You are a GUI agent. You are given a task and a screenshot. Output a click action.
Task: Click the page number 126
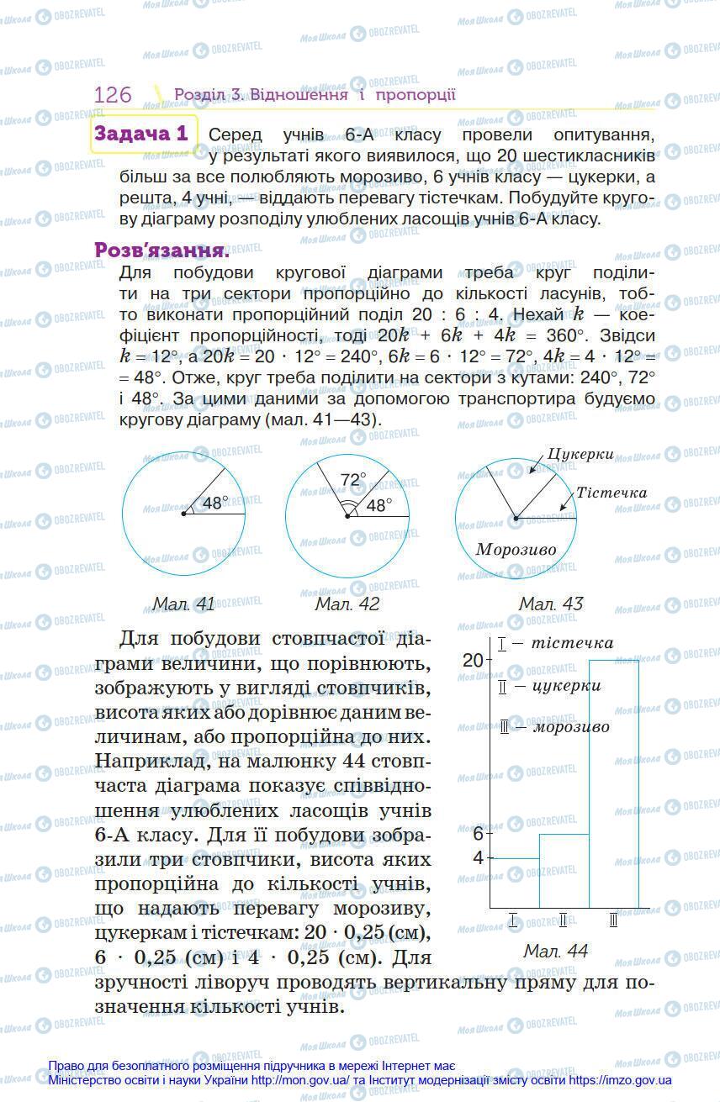pyautogui.click(x=113, y=94)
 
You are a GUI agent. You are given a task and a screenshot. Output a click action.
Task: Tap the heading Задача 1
pyautogui.click(x=141, y=134)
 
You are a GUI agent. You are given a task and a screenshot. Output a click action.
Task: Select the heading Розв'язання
pyautogui.click(x=161, y=250)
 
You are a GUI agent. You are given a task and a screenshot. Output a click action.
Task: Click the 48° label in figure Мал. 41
pyautogui.click(x=215, y=503)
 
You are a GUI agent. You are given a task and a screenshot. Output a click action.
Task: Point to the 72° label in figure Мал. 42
pyautogui.click(x=353, y=479)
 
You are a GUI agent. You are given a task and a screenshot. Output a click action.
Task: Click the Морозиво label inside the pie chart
pyautogui.click(x=516, y=549)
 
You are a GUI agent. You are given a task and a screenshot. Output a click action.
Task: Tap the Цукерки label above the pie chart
pyautogui.click(x=580, y=454)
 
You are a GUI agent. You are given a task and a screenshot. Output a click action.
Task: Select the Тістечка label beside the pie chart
pyautogui.click(x=611, y=493)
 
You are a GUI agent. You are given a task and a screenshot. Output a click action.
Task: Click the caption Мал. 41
pyautogui.click(x=183, y=604)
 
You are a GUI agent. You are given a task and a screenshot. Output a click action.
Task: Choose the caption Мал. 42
pyautogui.click(x=347, y=604)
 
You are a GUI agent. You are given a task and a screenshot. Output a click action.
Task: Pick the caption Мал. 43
pyautogui.click(x=550, y=604)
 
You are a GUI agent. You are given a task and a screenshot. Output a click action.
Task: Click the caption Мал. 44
pyautogui.click(x=555, y=951)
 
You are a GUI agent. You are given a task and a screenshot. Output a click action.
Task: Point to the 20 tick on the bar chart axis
pyautogui.click(x=473, y=660)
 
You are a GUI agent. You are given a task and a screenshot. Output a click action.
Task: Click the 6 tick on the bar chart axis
pyautogui.click(x=478, y=834)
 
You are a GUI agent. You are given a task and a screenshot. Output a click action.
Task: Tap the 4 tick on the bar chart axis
pyautogui.click(x=478, y=858)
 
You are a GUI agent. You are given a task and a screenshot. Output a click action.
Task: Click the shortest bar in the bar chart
pyautogui.click(x=514, y=883)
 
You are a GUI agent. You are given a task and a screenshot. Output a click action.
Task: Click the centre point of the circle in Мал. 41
pyautogui.click(x=183, y=513)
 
